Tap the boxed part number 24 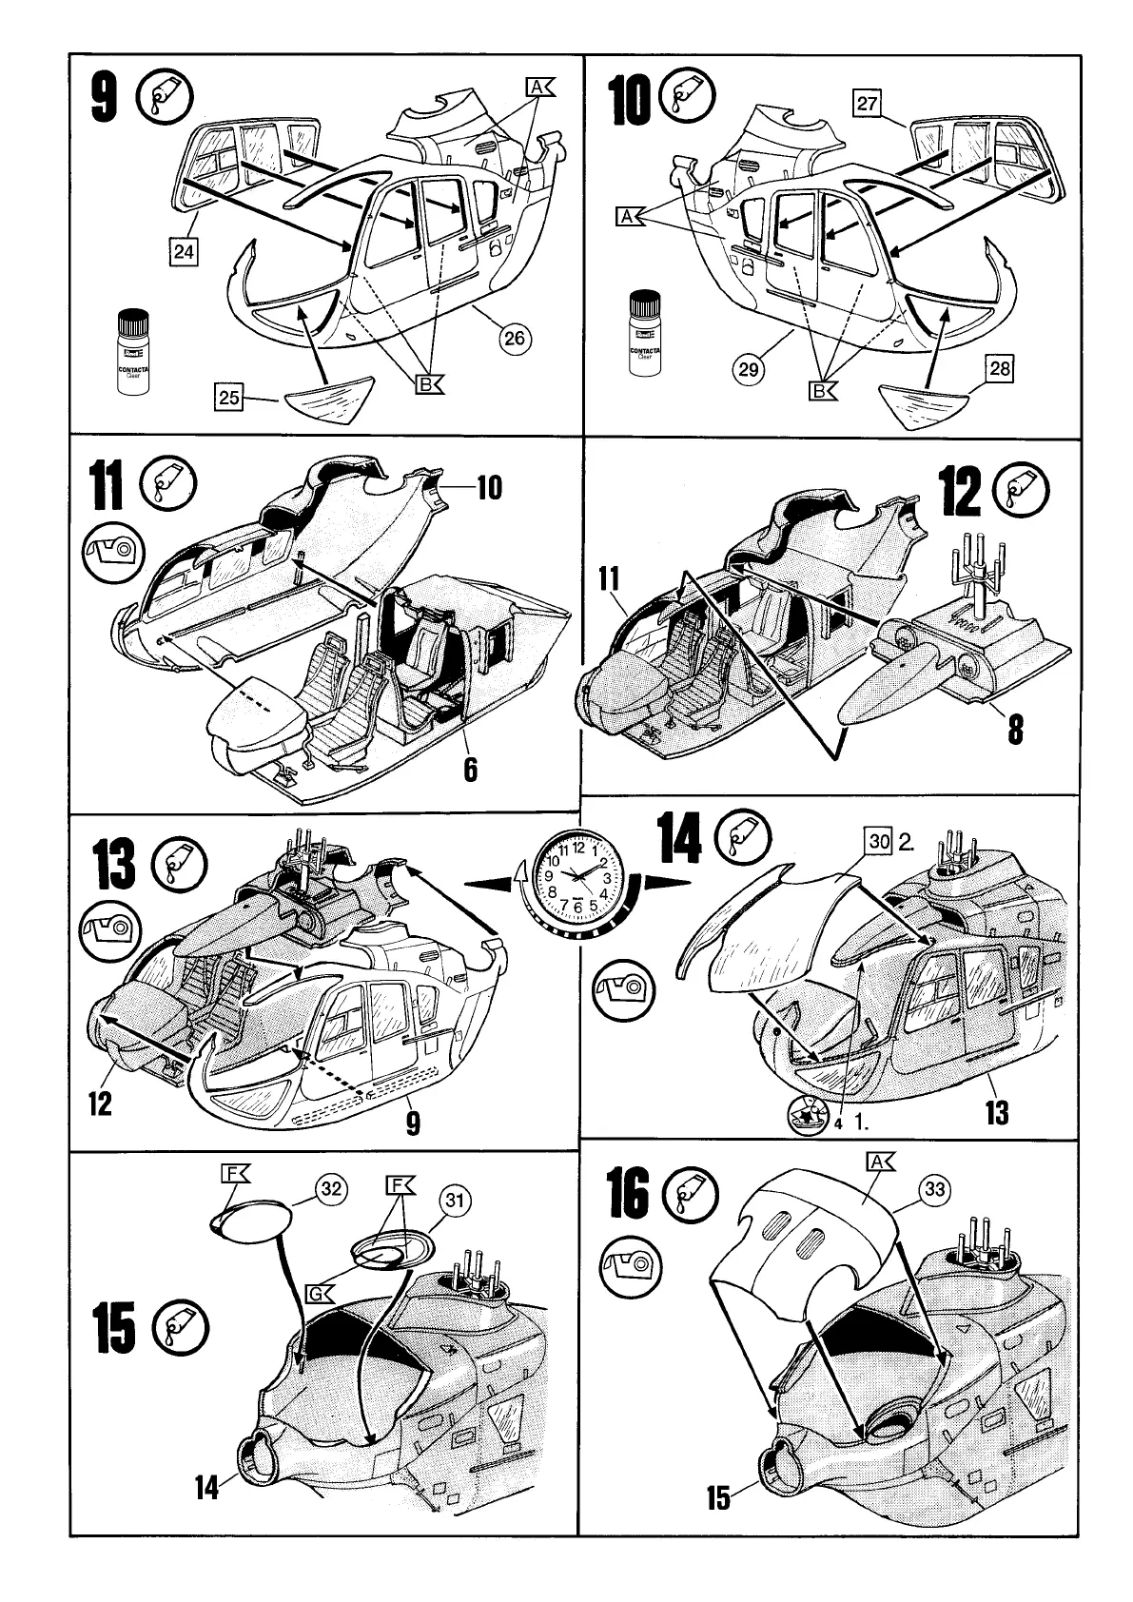click(184, 251)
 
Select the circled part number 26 click(515, 338)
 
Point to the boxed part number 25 click(229, 398)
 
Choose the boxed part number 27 click(867, 104)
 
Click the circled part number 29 click(749, 368)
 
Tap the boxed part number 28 click(1000, 368)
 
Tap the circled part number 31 click(457, 1201)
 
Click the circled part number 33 click(935, 1189)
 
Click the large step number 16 click(629, 1195)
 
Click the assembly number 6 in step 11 click(469, 767)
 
